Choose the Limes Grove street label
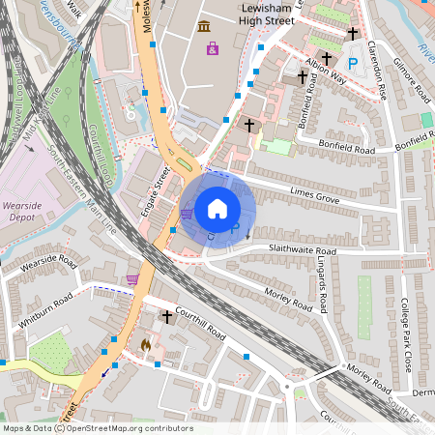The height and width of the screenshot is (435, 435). tap(314, 197)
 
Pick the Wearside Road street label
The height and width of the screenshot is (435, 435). tap(48, 261)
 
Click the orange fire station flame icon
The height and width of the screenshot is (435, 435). tap(145, 343)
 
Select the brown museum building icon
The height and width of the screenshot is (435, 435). tap(203, 26)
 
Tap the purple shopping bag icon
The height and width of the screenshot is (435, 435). tap(212, 47)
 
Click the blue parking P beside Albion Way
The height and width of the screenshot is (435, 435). tap(353, 63)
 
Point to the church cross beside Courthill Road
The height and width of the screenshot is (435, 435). tap(166, 316)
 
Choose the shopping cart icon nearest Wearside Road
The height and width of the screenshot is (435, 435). tap(131, 279)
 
